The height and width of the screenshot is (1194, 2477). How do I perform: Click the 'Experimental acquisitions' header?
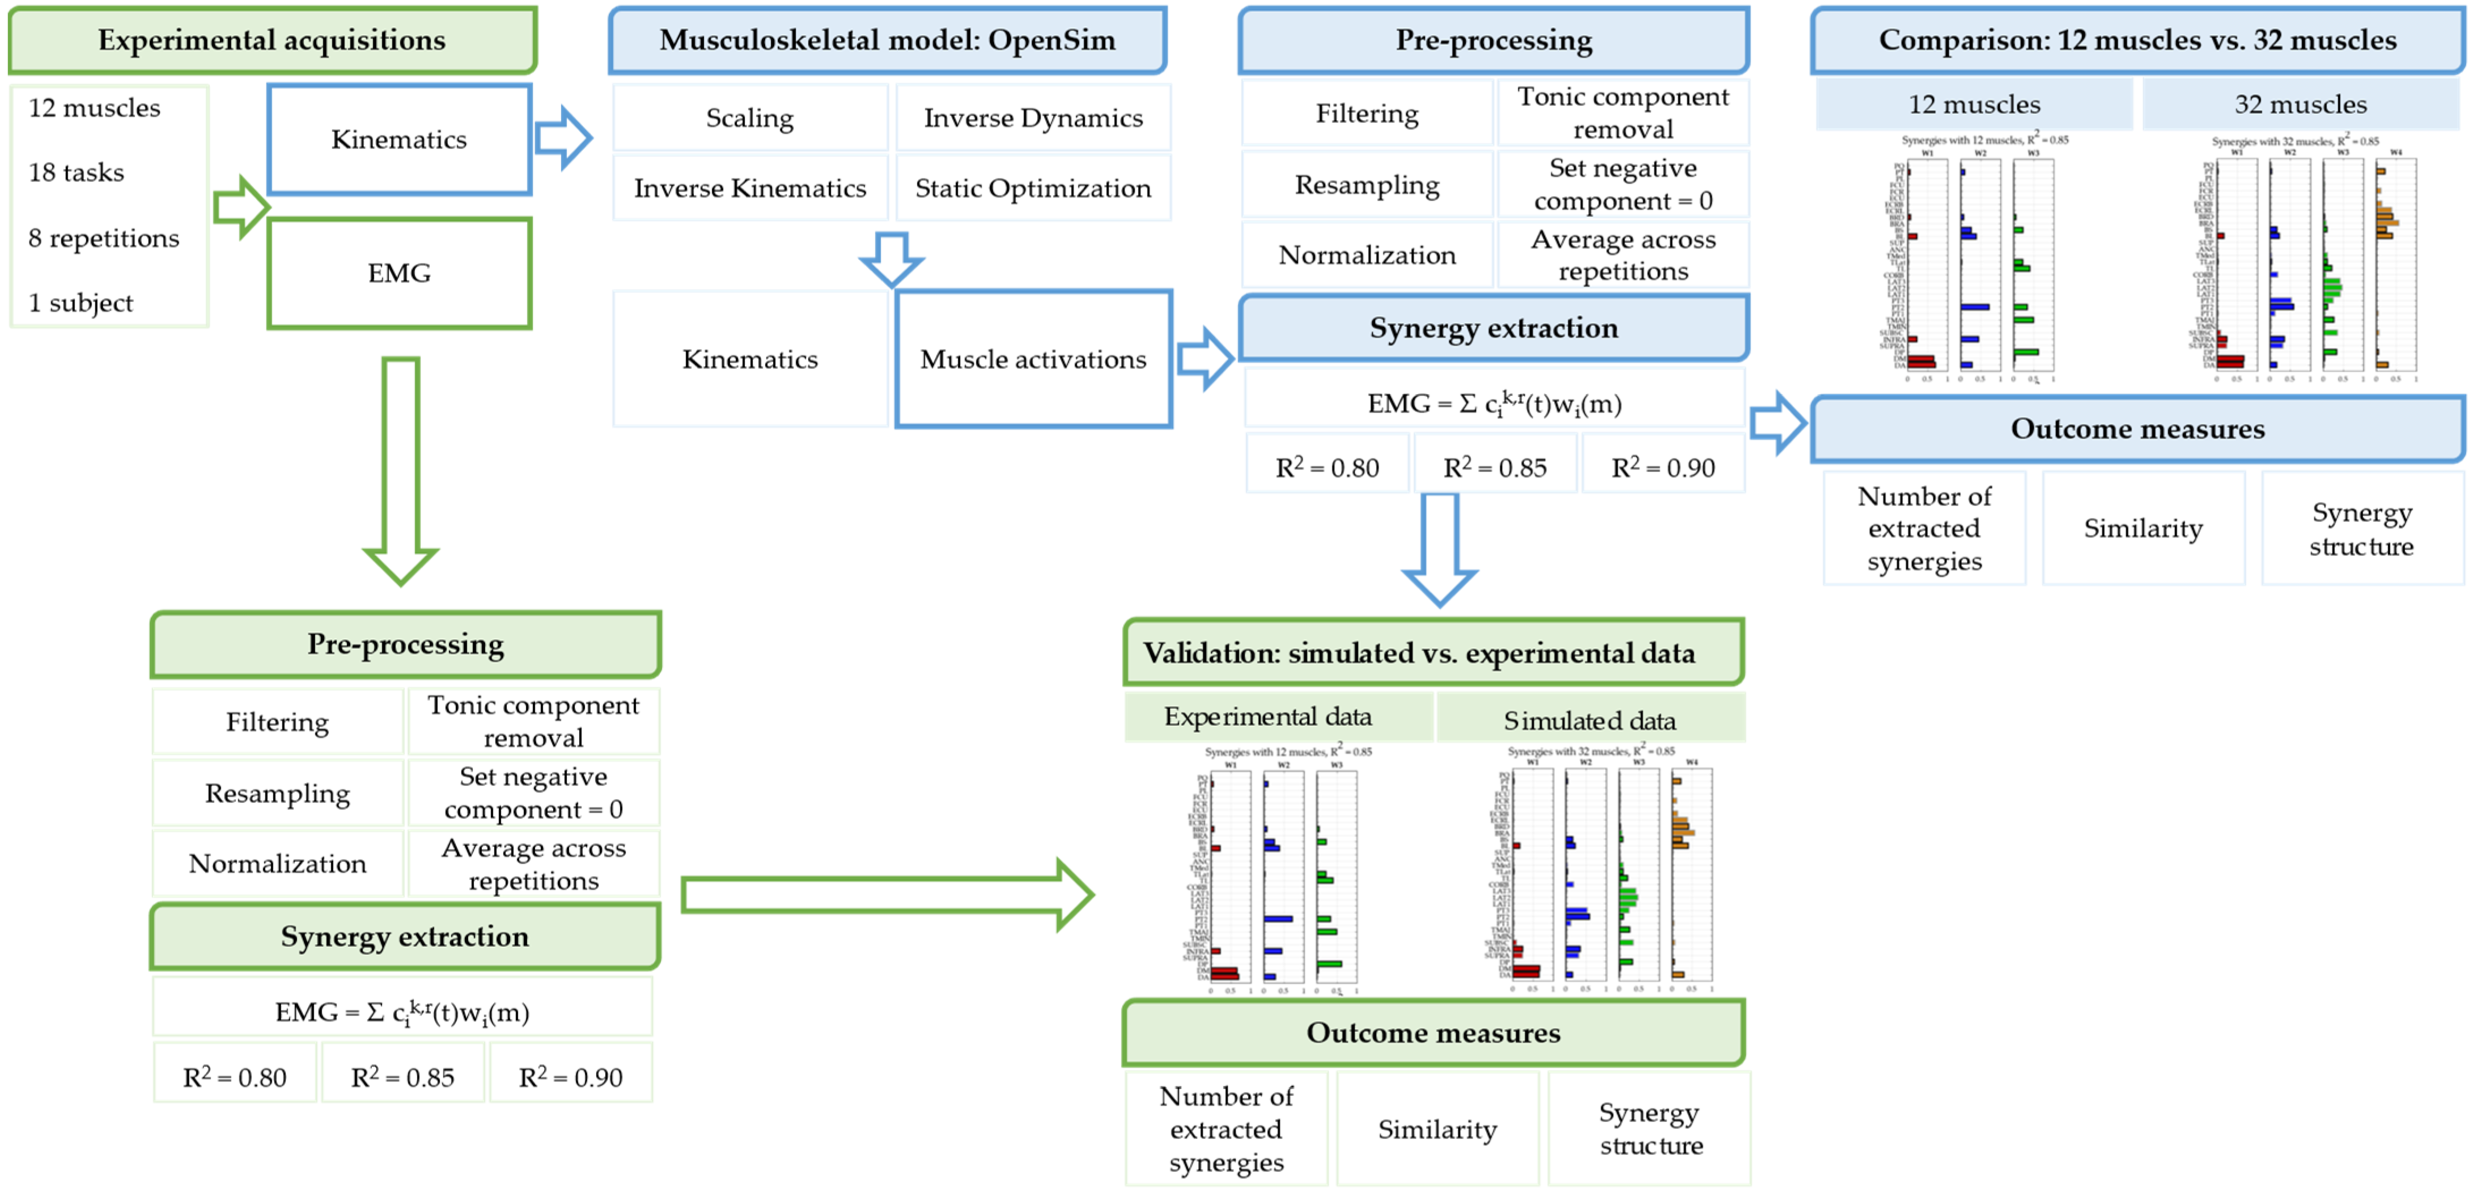(272, 40)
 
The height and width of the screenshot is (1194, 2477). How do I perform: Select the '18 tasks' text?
(77, 172)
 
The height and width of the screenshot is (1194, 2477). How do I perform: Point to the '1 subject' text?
(80, 303)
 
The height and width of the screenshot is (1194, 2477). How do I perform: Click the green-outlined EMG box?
(399, 273)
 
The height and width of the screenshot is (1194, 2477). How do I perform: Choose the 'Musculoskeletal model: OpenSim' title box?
(887, 40)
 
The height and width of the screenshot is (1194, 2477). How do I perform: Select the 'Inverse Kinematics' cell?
(750, 189)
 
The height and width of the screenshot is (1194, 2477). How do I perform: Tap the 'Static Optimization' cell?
(1033, 189)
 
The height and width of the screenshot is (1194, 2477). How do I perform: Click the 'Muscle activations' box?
(1033, 359)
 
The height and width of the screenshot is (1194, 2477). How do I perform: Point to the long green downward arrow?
(401, 471)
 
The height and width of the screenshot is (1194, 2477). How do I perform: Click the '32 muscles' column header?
(2300, 104)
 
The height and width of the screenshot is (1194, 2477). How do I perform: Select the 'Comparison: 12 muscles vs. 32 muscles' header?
(2136, 40)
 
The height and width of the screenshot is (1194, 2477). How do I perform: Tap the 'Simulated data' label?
(1589, 720)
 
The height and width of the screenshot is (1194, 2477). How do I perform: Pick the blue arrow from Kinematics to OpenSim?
(562, 138)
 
